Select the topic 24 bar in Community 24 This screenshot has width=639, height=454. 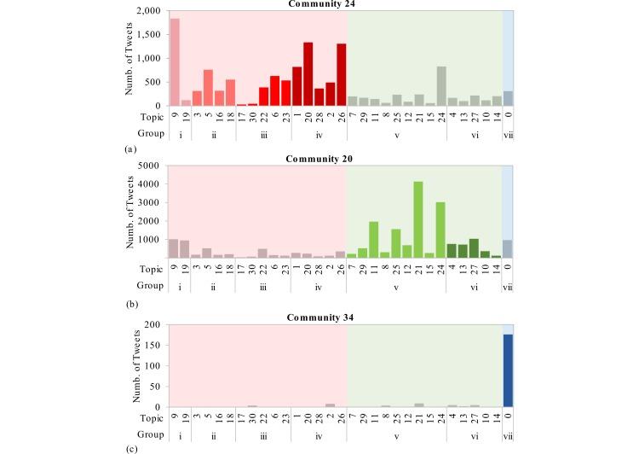[x=441, y=86]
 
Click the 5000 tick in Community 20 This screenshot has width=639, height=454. [x=153, y=166]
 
